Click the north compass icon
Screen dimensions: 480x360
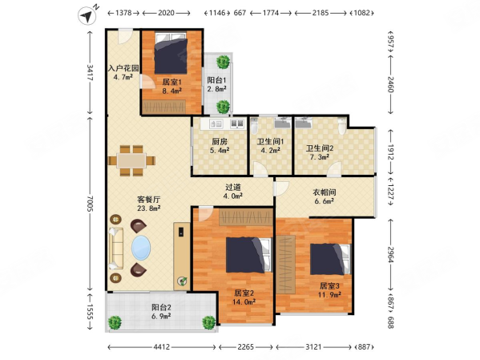tap(87, 15)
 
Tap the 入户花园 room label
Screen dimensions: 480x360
tap(123, 68)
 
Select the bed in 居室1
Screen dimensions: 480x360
tap(171, 53)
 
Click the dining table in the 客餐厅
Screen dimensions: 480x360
tap(131, 160)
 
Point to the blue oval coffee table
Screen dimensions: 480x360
tap(141, 248)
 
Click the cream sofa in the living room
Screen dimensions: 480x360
tap(116, 249)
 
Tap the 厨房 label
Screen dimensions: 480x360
tap(220, 142)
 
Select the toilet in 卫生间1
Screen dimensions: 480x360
tap(254, 125)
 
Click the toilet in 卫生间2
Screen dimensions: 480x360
tap(342, 126)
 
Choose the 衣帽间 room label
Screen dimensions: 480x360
tap(325, 192)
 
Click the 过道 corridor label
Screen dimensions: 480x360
tap(233, 187)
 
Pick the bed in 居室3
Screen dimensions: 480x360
tap(330, 259)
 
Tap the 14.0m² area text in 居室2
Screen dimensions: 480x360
tap(244, 301)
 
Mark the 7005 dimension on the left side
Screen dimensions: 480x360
tap(91, 203)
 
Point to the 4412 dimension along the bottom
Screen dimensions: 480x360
tap(161, 347)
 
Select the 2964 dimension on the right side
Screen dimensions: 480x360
tap(390, 255)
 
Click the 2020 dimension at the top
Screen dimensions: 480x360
tap(166, 13)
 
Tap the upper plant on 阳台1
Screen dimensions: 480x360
tap(223, 62)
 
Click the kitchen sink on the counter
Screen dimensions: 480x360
tap(216, 123)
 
